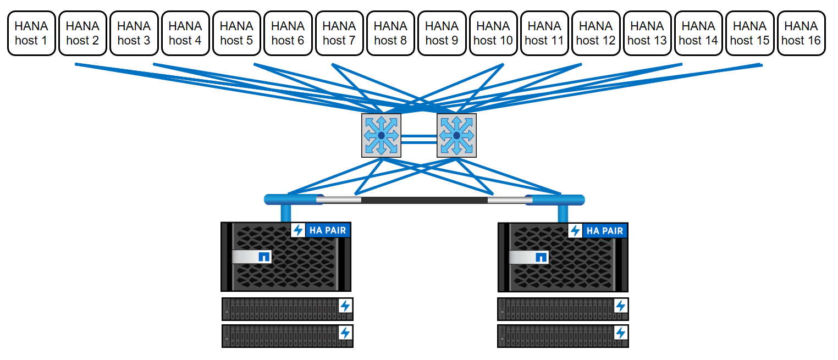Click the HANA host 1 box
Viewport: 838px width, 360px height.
pos(31,33)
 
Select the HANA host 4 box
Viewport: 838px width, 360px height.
pos(185,33)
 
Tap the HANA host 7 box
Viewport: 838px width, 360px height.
pos(339,33)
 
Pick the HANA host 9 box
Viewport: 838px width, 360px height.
pos(442,33)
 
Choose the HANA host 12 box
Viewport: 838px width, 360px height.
pos(596,33)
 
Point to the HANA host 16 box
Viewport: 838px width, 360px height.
pos(801,33)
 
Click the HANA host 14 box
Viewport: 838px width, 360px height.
pos(698,33)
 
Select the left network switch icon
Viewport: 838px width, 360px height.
pos(382,135)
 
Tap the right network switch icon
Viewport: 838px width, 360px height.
pos(456,135)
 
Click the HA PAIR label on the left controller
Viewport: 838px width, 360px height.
pos(328,230)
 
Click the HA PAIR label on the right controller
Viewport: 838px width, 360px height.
pos(605,231)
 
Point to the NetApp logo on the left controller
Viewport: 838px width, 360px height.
pos(264,257)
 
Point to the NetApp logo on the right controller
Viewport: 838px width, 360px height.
pos(541,257)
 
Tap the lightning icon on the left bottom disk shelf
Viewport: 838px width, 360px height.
pos(345,333)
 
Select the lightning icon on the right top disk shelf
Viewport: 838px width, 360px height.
pos(621,306)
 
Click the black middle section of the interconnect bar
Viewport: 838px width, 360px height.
pos(424,200)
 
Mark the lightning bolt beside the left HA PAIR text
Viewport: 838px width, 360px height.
pos(298,230)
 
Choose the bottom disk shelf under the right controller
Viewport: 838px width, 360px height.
pos(563,336)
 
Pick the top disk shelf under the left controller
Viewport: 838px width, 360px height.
pos(286,309)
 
